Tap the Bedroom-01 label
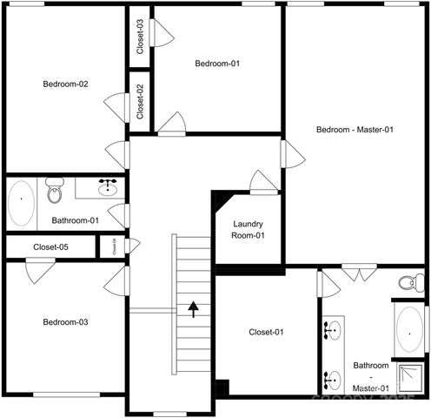(216, 64)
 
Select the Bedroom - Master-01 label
(355, 130)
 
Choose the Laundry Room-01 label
(248, 230)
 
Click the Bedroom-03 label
(65, 322)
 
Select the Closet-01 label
(266, 332)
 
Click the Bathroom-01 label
(75, 221)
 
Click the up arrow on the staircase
(193, 307)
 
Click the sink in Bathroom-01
(109, 187)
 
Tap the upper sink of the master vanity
(333, 329)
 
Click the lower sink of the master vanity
(333, 379)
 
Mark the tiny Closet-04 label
(113, 247)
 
